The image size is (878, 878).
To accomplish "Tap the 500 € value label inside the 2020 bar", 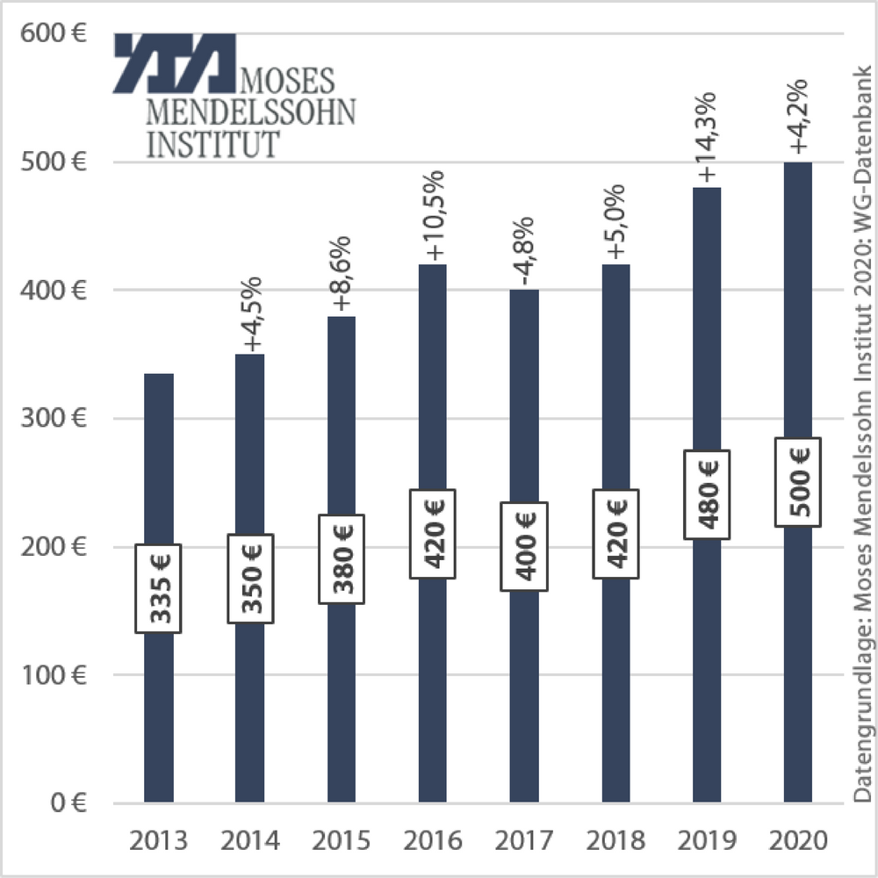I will pos(798,482).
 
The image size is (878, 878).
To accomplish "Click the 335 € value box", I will pos(158,588).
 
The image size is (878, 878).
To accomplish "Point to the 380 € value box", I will pos(341,558).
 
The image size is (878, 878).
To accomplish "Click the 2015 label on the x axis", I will pos(342,841).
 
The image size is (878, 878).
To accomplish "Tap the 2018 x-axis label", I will pos(615,841).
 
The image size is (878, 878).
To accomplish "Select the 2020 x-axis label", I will pos(798,841).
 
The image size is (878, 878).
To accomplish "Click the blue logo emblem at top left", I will pos(175,63).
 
